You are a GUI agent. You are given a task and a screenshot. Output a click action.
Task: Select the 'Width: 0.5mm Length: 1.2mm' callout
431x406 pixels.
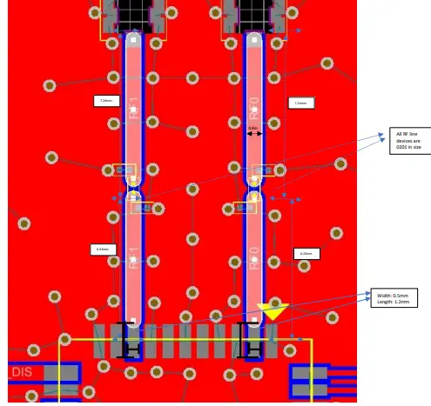point(394,297)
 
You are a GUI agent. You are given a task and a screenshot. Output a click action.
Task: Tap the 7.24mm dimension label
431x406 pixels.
point(105,101)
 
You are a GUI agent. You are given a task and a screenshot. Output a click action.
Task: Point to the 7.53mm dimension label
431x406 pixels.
point(300,103)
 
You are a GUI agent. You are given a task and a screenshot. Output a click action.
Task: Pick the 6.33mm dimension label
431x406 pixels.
point(306,254)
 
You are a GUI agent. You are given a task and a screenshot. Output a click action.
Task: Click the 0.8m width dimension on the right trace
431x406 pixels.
point(253,129)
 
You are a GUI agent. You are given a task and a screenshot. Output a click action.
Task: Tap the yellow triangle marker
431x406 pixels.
point(272,310)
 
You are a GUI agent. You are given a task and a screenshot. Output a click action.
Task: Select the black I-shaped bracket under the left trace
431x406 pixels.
point(128,341)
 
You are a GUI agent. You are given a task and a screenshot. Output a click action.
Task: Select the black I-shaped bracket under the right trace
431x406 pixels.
point(249,341)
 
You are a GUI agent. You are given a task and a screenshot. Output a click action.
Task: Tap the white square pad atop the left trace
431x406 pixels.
point(132,39)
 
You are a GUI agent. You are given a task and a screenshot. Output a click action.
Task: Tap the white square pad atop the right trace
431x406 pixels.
point(253,39)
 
